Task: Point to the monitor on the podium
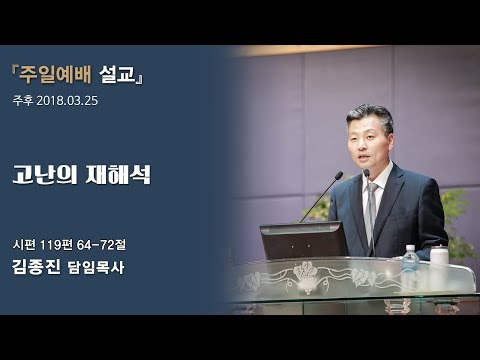303,240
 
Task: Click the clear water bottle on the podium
410,263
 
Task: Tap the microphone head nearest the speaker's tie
367,174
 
